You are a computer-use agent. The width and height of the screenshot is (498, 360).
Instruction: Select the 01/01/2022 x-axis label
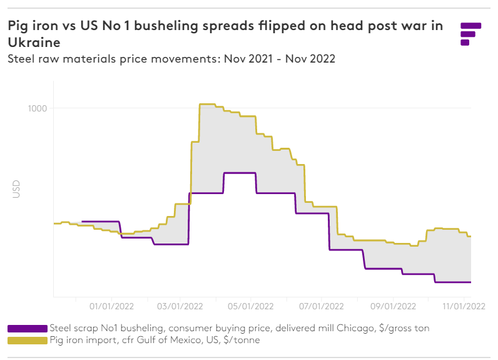pos(113,306)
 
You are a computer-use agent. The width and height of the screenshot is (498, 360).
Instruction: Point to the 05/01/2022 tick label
pos(251,306)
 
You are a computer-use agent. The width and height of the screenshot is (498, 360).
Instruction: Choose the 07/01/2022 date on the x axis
pos(322,306)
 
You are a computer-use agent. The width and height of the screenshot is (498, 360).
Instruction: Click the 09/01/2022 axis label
pos(392,306)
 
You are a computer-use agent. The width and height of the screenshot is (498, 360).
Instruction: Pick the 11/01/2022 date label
pos(464,306)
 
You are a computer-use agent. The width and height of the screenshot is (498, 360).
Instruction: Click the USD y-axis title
pos(17,189)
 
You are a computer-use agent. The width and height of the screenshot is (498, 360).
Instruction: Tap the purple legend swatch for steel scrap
pos(28,328)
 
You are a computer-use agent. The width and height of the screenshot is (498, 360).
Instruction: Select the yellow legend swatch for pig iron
pos(28,340)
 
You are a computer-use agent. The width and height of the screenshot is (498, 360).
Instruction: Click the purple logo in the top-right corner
pos(470,34)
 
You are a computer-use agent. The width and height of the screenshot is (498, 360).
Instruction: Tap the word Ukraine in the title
pos(34,43)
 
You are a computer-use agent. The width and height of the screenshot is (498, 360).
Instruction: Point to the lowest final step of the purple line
pos(452,282)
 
